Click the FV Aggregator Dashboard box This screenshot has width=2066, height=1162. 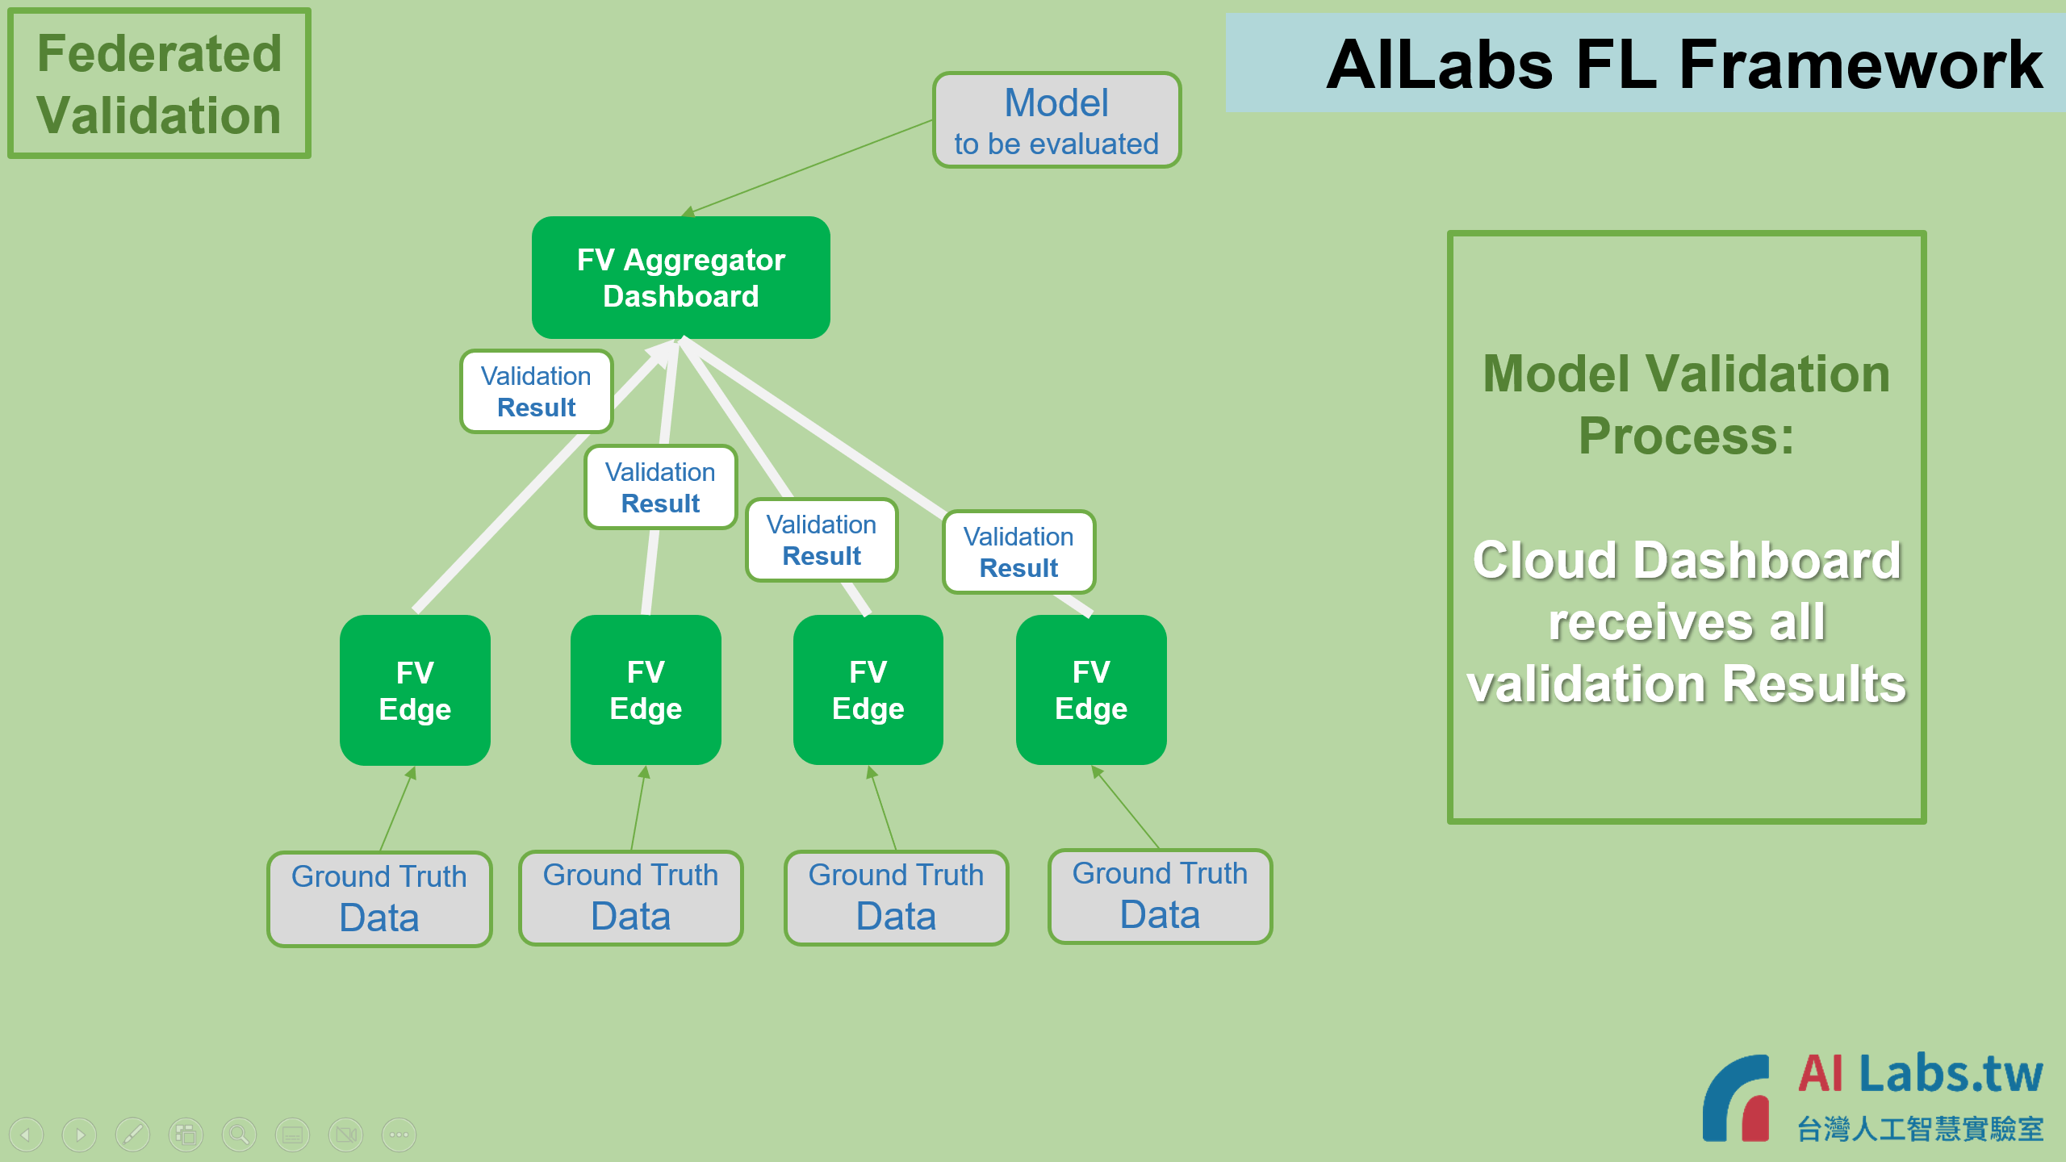pos(680,278)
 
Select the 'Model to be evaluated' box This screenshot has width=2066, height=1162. pos(1056,120)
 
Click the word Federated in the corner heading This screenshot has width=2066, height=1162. pos(160,54)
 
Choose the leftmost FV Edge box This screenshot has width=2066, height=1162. pos(415,691)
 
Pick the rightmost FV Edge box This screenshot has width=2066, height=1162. pos(1091,690)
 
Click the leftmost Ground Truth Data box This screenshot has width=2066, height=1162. pos(379,899)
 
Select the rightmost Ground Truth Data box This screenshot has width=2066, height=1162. pos(1160,896)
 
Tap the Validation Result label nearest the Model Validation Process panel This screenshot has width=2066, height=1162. pos(1018,552)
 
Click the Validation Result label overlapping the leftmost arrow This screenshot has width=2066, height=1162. pos(537,391)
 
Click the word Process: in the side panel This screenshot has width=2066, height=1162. pos(1687,437)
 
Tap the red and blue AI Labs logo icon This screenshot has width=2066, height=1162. pos(1737,1098)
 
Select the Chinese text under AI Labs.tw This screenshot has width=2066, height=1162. pos(1920,1129)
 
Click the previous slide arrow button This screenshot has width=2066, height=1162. pos(26,1135)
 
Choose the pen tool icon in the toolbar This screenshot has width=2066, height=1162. pos(132,1135)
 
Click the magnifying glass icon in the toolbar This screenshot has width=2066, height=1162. pos(239,1135)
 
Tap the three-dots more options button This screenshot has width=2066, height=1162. pos(399,1135)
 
